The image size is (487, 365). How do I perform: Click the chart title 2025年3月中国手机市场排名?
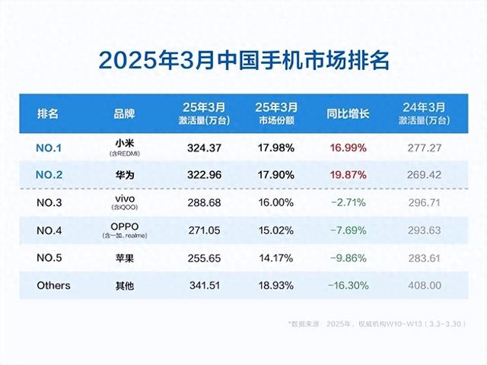243,59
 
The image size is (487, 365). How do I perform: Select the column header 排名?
48,113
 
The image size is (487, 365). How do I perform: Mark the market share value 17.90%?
272,173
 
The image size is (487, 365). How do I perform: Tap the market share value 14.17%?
272,258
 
